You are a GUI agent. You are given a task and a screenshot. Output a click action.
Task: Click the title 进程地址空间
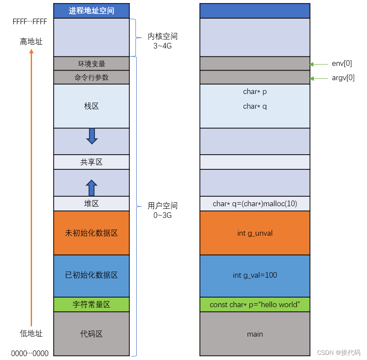tap(91, 11)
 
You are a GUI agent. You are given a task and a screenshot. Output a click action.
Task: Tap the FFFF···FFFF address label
tap(30, 22)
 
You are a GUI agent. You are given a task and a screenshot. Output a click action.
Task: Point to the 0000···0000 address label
tap(30, 353)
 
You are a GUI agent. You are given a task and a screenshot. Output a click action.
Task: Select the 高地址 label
tap(31, 42)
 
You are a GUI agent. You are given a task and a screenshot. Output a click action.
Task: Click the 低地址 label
tap(31, 333)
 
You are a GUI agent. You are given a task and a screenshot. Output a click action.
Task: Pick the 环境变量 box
tap(91, 64)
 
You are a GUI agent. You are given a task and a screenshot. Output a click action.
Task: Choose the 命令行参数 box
tap(91, 78)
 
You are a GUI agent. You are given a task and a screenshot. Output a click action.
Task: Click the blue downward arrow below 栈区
tap(92, 136)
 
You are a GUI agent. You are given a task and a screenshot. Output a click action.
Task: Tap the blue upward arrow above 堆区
tap(91, 188)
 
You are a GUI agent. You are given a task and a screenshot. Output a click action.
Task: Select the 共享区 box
tap(91, 162)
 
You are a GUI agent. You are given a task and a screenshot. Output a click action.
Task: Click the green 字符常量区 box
tap(91, 305)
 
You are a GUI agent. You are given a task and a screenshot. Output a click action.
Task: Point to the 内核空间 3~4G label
tap(162, 41)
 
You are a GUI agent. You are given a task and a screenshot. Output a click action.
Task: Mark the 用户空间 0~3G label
tap(162, 210)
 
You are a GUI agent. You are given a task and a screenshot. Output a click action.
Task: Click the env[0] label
tap(342, 64)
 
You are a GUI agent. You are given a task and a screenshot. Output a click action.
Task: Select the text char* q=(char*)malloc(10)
tap(255, 204)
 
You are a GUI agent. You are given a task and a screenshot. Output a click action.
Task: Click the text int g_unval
tap(255, 233)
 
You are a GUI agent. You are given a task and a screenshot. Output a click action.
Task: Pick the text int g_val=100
tap(255, 275)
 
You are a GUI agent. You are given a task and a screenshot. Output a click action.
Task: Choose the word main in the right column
tap(255, 334)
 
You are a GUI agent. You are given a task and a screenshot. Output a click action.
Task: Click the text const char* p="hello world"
tap(255, 305)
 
